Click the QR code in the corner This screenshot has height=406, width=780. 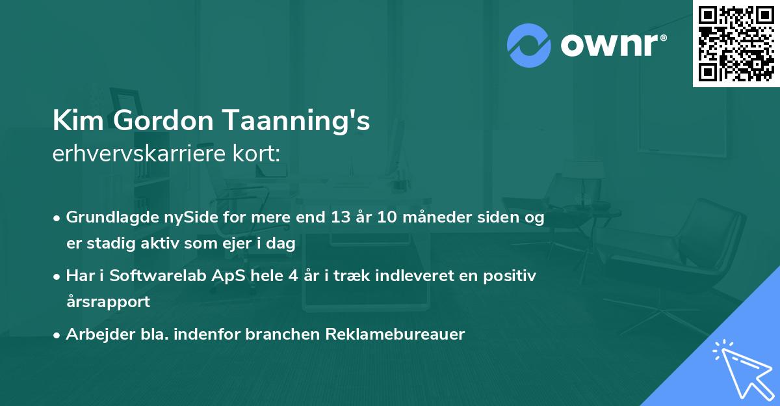(736, 43)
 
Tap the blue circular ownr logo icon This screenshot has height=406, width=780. (529, 46)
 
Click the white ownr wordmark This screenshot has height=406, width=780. (610, 45)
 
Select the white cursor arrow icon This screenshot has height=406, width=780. (743, 370)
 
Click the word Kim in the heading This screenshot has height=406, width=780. (78, 120)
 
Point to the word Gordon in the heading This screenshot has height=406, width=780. (163, 120)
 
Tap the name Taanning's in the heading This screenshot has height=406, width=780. (296, 122)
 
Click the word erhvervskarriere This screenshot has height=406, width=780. (139, 154)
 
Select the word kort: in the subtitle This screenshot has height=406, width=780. (256, 154)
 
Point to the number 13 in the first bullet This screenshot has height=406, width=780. (341, 217)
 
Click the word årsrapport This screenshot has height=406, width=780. (108, 302)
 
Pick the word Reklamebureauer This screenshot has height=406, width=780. (395, 334)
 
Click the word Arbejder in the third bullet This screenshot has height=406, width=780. (100, 334)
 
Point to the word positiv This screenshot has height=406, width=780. (510, 277)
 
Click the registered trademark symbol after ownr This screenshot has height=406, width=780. (663, 38)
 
